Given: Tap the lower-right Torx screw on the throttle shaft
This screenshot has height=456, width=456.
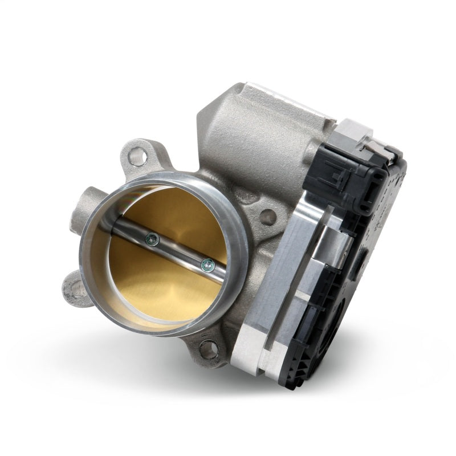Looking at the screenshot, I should coord(207,263).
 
